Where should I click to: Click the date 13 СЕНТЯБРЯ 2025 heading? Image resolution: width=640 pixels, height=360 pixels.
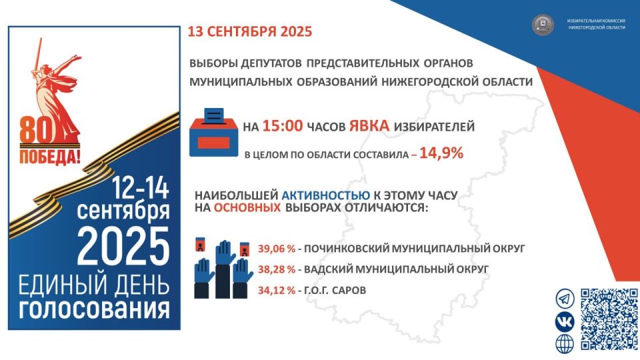click(250, 31)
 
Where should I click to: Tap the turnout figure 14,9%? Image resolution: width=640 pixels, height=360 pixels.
click(441, 153)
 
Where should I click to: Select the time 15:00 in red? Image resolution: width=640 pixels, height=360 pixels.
click(283, 126)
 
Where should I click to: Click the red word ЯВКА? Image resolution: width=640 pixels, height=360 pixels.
click(369, 126)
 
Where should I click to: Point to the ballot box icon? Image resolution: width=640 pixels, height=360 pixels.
click(213, 132)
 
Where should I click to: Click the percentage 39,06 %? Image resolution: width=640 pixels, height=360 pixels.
click(276, 248)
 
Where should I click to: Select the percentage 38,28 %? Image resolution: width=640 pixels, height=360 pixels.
click(276, 269)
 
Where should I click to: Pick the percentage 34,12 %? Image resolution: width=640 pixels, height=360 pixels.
click(276, 291)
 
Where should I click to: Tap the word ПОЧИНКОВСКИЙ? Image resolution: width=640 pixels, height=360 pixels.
click(346, 248)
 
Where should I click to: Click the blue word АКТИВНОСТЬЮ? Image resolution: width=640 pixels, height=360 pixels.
click(326, 195)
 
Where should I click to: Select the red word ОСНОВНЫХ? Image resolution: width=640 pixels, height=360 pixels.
click(247, 208)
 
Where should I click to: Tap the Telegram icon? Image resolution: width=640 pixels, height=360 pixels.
click(565, 299)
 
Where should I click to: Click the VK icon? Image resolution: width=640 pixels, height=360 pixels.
click(565, 321)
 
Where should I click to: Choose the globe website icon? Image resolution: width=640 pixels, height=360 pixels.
click(565, 344)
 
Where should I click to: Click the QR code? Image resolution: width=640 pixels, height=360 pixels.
click(609, 319)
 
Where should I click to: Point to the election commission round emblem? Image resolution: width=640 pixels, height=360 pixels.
click(543, 25)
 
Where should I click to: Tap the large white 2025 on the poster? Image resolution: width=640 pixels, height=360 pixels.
click(123, 247)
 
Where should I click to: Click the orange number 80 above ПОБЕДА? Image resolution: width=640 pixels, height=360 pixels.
click(36, 130)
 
